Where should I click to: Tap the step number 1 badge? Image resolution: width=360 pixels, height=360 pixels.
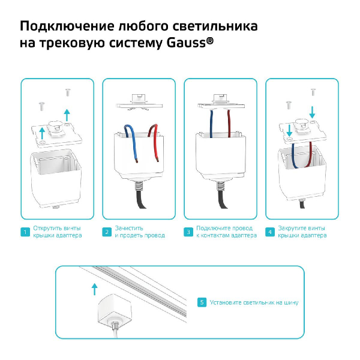25,232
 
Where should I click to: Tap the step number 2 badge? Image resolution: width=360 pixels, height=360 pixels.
106,232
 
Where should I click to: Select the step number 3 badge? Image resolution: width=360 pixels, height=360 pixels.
188,232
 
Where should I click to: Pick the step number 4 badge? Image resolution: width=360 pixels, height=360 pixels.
269,232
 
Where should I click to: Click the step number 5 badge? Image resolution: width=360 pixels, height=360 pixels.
202,302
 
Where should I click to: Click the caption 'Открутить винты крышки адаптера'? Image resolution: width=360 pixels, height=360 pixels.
58,232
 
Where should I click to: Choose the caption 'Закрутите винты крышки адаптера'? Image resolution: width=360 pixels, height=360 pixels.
302,232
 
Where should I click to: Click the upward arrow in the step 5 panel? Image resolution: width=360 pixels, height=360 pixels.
94,290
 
